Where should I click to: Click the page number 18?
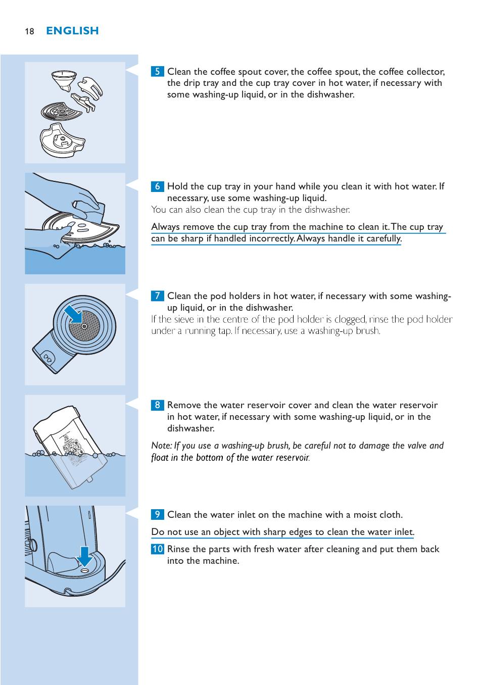coord(29,31)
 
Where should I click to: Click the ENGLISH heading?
coord(72,31)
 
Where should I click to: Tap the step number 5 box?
coord(157,72)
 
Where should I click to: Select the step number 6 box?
coord(157,186)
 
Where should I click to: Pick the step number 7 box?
coord(157,296)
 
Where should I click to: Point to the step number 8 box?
coord(157,405)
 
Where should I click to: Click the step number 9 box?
coord(157,514)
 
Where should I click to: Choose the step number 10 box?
coord(157,549)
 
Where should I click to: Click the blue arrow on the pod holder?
coord(73,315)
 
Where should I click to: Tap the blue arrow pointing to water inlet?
coord(84,557)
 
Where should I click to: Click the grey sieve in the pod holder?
coord(84,326)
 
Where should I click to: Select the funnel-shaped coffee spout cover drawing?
coord(64,80)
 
